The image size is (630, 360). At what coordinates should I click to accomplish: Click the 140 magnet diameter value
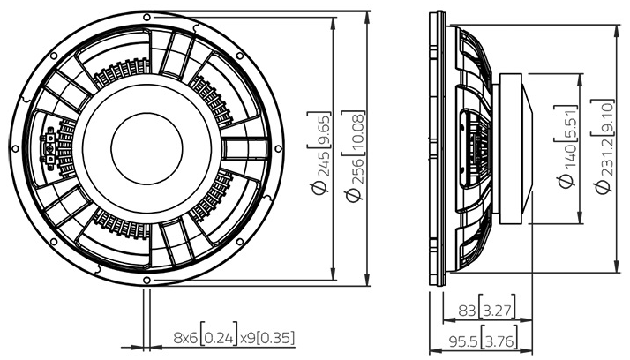tap(566, 161)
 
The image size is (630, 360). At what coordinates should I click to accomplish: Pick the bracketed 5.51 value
tap(566, 122)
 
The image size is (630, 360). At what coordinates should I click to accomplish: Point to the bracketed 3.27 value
tap(496, 311)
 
